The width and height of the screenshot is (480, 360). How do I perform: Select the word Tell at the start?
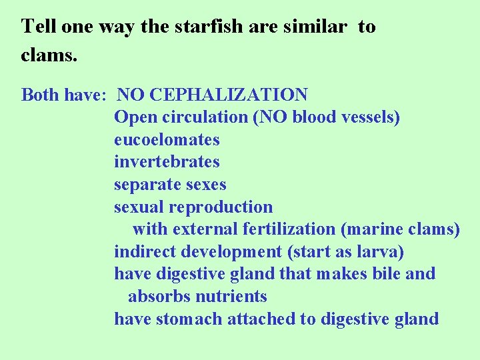(x=37, y=27)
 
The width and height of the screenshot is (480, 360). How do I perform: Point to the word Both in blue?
(x=40, y=95)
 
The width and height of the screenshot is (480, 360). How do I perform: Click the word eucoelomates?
(x=167, y=139)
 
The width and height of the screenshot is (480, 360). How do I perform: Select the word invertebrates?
(x=167, y=162)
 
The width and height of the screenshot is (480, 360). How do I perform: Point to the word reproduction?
(x=221, y=207)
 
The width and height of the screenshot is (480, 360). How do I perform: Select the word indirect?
(x=141, y=252)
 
